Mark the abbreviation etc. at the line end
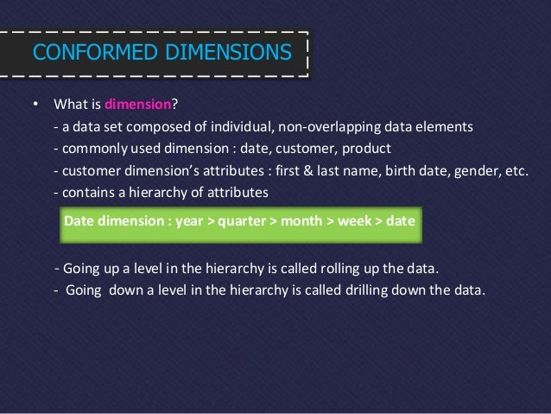pos(515,169)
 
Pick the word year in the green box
pos(190,220)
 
